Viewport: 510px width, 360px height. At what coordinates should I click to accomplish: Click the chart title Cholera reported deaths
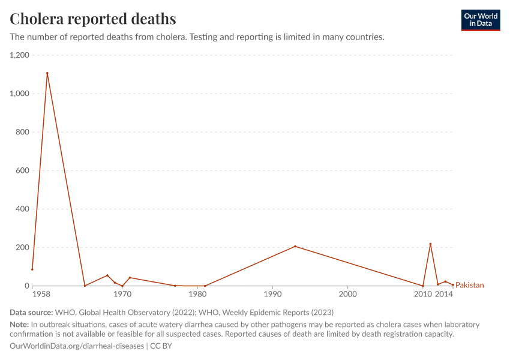point(93,19)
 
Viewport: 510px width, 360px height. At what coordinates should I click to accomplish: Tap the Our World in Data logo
point(480,20)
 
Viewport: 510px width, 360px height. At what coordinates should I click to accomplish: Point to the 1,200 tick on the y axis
point(19,55)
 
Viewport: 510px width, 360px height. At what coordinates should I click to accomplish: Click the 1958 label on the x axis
point(41,295)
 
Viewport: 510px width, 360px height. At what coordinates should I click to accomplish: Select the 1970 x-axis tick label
point(122,295)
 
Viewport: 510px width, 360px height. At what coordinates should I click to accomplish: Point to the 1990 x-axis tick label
point(272,295)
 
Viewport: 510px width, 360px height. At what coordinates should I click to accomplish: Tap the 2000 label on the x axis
point(347,295)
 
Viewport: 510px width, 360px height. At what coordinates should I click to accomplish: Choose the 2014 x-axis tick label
point(444,295)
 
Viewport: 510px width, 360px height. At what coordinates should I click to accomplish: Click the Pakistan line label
point(470,285)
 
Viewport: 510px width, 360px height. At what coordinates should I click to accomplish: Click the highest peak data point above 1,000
point(47,73)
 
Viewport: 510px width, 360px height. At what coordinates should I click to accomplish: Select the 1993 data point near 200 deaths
point(295,246)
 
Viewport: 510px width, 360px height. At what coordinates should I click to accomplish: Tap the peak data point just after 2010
point(430,244)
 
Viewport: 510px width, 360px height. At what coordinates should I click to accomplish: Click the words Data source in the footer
point(31,312)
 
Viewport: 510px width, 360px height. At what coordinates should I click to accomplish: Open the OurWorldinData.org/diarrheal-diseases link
point(77,346)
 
